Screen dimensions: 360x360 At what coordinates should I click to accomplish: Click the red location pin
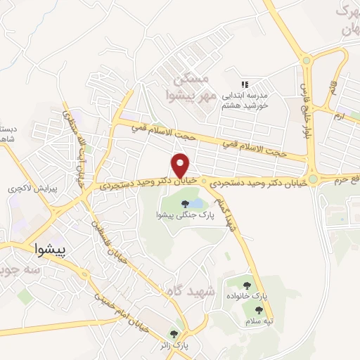tap(180, 165)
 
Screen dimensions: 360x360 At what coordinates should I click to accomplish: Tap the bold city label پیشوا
tap(53, 250)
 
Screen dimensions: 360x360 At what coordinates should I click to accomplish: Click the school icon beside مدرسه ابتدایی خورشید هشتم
tap(245, 84)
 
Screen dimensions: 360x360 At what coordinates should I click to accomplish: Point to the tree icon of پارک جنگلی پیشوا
tap(185, 205)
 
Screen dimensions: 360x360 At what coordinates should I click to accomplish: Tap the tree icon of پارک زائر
tap(174, 334)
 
